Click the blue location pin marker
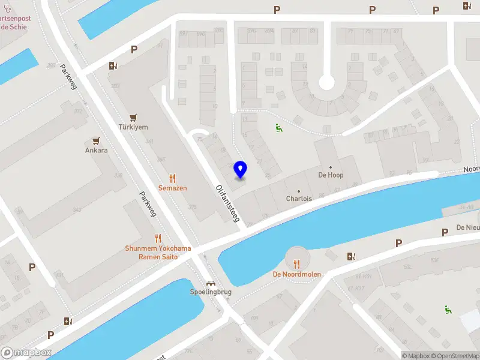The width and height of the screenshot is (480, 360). point(241,169)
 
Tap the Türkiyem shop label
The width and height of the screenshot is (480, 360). point(133,127)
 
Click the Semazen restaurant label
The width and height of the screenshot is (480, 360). point(172,188)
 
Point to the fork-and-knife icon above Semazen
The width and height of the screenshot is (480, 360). point(173,178)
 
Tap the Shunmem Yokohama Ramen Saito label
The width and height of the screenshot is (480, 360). point(158,253)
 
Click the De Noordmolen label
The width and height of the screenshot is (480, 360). point(296,274)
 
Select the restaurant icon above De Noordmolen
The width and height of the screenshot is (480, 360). point(296,263)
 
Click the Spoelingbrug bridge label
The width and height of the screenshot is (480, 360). point(211,292)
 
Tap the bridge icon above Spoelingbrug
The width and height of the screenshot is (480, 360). point(211,283)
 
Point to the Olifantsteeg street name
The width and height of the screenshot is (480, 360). point(227,203)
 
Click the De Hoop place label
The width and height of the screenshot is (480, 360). point(331,175)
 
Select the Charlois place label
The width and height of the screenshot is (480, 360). point(299,199)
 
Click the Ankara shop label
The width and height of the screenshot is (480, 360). point(96,150)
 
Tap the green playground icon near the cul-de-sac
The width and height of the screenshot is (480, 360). point(278,127)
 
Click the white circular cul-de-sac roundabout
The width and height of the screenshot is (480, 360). point(326,82)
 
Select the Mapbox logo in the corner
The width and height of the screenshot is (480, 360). point(26,353)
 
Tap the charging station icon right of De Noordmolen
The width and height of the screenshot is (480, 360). point(351,256)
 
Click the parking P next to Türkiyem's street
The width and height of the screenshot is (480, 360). point(134,50)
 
